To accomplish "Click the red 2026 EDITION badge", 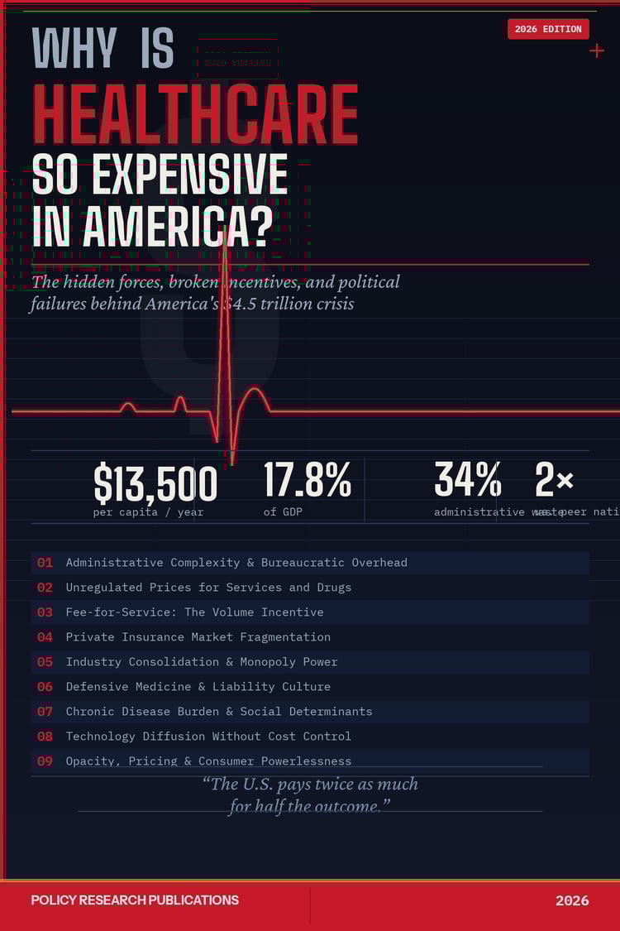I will point(548,29).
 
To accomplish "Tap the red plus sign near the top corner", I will point(597,50).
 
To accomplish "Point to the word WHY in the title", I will point(74,50).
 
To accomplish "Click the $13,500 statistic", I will point(155,483).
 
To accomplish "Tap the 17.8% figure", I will point(308,480).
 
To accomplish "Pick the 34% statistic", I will point(468,480).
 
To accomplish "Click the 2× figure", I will point(554,480).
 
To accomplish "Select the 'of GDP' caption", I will point(283,512).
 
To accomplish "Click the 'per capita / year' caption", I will point(148,512).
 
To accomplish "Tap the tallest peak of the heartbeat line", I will point(225,232).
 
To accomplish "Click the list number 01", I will point(45,563).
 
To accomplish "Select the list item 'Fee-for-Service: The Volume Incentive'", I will point(194,612).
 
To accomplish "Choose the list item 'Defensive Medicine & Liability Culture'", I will point(198,687).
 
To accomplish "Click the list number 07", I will point(45,712).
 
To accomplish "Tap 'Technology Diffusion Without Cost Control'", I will point(208,737).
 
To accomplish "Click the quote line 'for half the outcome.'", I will point(309,806).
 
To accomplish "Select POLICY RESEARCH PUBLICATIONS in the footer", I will point(135,900).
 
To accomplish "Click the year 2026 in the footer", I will point(572,900).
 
